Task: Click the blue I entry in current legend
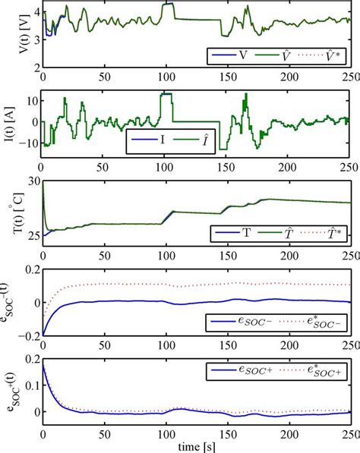point(149,142)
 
